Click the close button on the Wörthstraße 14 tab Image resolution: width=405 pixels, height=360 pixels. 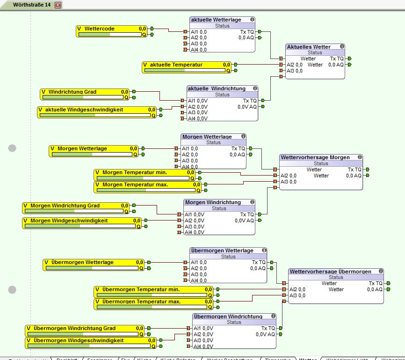tap(58, 5)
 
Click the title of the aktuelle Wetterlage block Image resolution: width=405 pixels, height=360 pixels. tap(216, 20)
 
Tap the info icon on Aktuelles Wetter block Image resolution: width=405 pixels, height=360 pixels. tap(342, 46)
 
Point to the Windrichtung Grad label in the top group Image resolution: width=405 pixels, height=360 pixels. tap(72, 92)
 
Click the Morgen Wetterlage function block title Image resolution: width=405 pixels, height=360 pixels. tap(207, 137)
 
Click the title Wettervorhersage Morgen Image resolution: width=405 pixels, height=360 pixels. tap(315, 157)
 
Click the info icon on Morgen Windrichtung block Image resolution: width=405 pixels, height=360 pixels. tap(252, 202)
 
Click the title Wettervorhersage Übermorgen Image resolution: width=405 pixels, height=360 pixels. tap(330, 272)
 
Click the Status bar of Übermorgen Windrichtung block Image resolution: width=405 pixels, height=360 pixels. tap(234, 322)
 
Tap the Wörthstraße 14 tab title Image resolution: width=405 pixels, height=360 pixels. tap(32, 5)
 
